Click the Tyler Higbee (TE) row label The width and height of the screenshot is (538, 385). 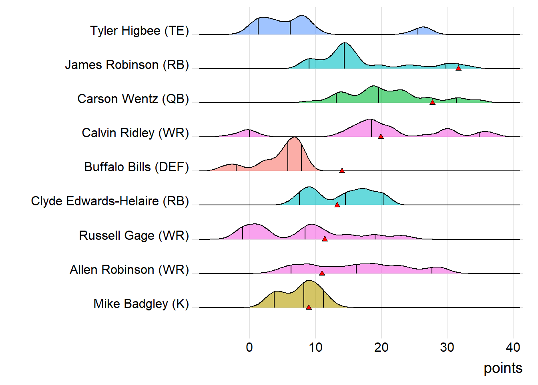[139, 30]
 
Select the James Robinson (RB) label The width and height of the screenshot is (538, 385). [127, 65]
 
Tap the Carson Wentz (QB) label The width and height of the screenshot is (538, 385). [133, 99]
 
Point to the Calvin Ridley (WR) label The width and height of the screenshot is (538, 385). [135, 133]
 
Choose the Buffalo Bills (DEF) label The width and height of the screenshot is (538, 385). [137, 167]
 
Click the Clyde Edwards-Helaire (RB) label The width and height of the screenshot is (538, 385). [110, 201]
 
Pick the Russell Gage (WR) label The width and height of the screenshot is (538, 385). [134, 235]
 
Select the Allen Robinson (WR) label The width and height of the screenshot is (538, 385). [129, 269]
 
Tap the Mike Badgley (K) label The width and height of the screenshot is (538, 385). [141, 304]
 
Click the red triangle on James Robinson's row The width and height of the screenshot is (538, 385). [458, 68]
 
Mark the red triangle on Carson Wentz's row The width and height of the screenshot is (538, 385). [432, 102]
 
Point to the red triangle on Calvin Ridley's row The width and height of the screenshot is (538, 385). [381, 136]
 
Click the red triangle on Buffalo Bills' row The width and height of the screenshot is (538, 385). [342, 170]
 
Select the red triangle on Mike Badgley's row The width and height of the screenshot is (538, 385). [309, 307]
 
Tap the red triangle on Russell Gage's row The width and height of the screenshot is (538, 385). [325, 239]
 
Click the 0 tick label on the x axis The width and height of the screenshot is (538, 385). [249, 347]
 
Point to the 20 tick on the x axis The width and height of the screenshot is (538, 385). [381, 347]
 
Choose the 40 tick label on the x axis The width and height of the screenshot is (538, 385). [513, 347]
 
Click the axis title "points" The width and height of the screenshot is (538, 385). [503, 368]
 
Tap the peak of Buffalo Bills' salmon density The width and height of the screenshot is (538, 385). [294, 138]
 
